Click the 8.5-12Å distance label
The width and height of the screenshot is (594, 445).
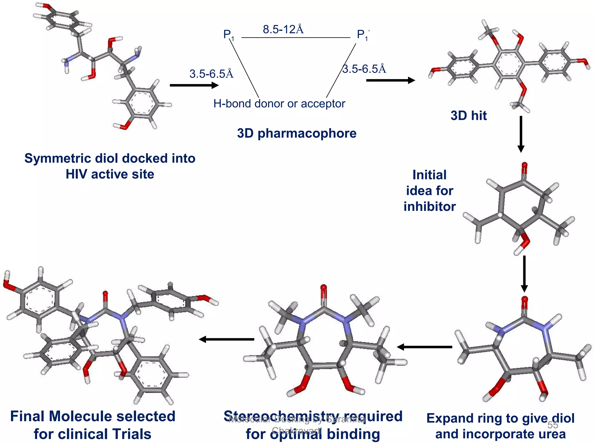tap(283, 30)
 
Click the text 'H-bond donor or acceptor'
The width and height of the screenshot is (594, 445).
tap(279, 104)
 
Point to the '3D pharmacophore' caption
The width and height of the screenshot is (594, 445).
tap(296, 133)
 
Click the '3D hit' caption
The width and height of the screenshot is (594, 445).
tap(468, 116)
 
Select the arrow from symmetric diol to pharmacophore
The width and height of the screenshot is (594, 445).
tap(194, 85)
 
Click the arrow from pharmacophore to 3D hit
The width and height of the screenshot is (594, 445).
tap(390, 80)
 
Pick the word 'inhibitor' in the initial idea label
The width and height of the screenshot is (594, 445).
tap(430, 207)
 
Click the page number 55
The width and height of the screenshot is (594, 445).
tap(553, 425)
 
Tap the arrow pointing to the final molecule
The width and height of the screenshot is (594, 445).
tap(226, 339)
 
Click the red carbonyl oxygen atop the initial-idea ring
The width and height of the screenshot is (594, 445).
tap(524, 167)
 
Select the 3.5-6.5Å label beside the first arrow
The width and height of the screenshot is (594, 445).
tap(211, 74)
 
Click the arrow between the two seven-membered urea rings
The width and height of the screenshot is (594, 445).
tap(424, 347)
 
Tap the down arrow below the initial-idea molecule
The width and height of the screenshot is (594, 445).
tap(524, 273)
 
